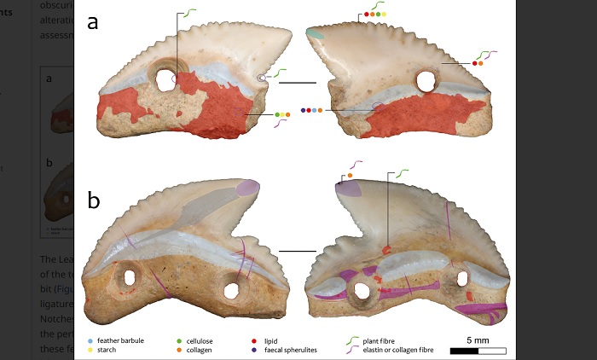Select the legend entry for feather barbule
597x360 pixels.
120,340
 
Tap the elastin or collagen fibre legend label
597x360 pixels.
404,350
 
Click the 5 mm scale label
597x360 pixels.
477,340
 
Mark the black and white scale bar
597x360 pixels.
478,351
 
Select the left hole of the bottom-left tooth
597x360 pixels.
130,277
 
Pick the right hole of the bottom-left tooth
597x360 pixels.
230,289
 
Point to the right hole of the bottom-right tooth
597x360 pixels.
461,278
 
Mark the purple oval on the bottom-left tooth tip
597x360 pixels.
247,188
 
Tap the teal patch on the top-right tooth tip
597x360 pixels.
316,34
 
